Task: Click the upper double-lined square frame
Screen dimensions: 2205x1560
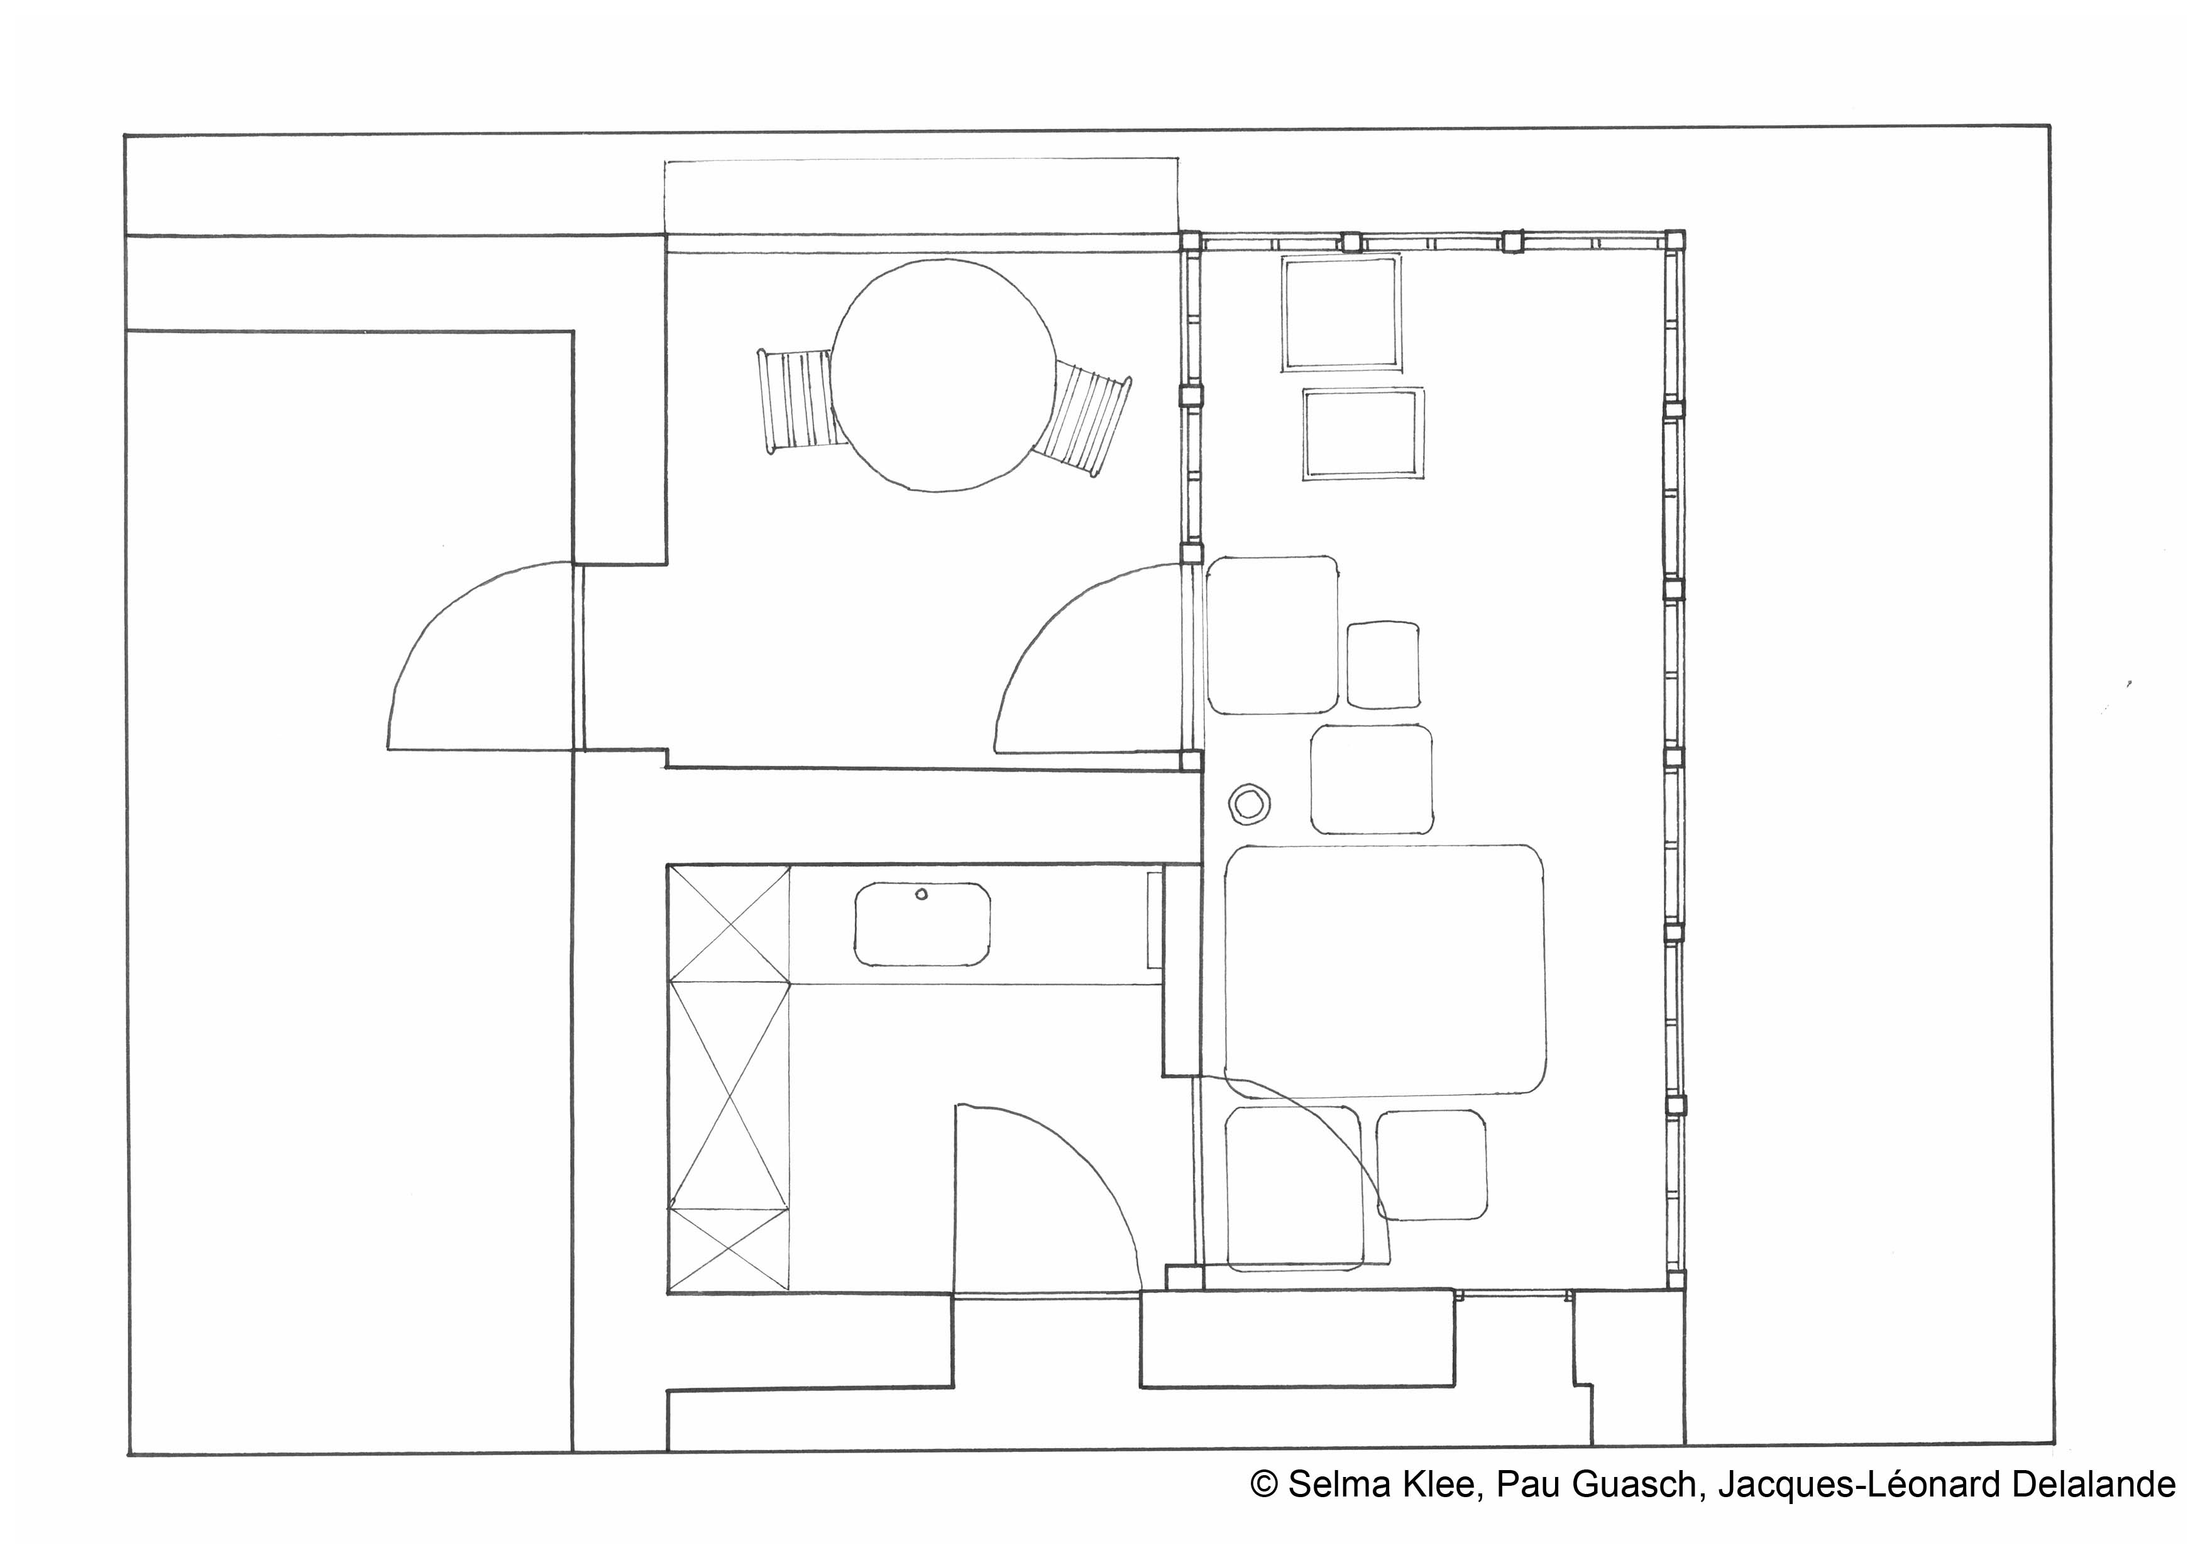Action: [x=1341, y=313]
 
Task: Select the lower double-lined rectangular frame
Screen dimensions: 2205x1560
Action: [x=1363, y=434]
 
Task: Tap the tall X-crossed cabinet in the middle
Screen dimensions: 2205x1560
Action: [x=730, y=1095]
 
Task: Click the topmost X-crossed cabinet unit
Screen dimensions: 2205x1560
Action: [x=730, y=923]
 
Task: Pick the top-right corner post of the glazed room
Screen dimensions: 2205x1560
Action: [x=1674, y=240]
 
